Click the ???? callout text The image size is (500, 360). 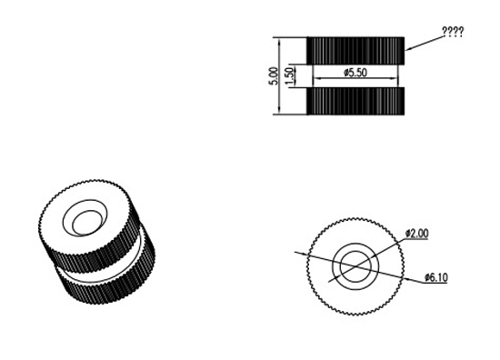coord(453,32)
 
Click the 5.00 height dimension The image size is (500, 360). coord(274,75)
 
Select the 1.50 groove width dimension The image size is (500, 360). coord(289,76)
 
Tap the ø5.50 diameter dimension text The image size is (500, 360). coord(355,73)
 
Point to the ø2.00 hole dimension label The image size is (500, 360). coord(416,234)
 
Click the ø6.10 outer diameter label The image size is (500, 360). coord(435,277)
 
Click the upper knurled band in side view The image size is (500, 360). coord(355,51)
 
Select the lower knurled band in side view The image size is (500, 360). coord(355,101)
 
